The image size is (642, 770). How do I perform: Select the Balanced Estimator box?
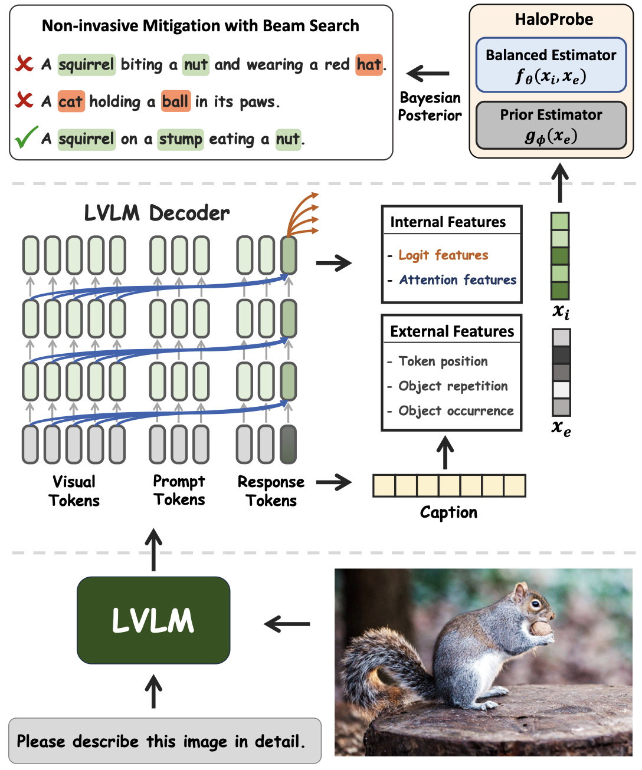coord(551,65)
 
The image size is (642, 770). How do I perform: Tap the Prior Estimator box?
coord(551,126)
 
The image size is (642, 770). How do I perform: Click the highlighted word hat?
coord(369,64)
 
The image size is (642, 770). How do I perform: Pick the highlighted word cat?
coord(71,101)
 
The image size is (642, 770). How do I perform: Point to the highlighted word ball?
coord(175,101)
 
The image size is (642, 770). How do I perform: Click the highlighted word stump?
coord(181,139)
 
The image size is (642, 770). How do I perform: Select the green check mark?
coord(26,137)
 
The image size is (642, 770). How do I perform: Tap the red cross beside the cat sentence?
coord(24,100)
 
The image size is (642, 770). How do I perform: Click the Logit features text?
coord(443,255)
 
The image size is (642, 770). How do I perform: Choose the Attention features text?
coord(458,280)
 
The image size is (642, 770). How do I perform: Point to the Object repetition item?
coord(453,386)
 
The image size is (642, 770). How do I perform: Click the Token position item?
coord(443,361)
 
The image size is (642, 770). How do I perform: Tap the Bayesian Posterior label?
coord(430,107)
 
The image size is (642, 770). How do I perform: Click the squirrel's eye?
coord(535,604)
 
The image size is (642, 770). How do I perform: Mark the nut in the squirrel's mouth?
coord(540,628)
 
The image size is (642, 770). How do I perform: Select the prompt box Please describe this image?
coord(165,741)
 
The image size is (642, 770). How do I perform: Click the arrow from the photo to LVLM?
coord(287,624)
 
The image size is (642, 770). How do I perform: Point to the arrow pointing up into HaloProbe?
coord(560,183)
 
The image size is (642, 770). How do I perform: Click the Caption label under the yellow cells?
coord(448,512)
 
